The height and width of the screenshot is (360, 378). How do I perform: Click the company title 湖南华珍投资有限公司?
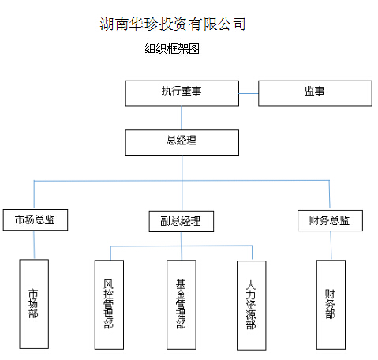click(173, 24)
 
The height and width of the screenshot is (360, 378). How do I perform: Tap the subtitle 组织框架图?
click(172, 49)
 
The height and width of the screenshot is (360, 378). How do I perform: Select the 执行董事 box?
click(182, 93)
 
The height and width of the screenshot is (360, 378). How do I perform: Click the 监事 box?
click(315, 93)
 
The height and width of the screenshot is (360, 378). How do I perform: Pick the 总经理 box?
click(182, 142)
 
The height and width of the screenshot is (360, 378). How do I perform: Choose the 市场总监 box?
click(36, 220)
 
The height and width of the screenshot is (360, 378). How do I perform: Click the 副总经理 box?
click(182, 221)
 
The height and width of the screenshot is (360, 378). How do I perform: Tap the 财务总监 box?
click(330, 220)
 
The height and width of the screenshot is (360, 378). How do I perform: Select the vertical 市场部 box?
click(34, 304)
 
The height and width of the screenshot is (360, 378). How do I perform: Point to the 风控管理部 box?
click(109, 305)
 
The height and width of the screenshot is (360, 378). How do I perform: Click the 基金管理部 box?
click(182, 305)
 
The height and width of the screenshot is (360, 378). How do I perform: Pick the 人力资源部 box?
click(252, 306)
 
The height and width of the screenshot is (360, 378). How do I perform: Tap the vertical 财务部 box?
click(331, 305)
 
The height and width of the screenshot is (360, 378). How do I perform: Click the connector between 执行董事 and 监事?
click(249, 93)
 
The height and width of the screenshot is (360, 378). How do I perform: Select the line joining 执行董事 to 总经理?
click(182, 118)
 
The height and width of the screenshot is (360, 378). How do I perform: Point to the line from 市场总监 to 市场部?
click(34, 245)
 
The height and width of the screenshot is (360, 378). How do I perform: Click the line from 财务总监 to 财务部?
click(331, 246)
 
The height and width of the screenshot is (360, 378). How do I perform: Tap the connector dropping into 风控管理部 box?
click(110, 253)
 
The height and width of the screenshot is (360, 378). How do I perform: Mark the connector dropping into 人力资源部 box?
click(252, 253)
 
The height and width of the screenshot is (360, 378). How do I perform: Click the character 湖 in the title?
click(107, 24)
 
